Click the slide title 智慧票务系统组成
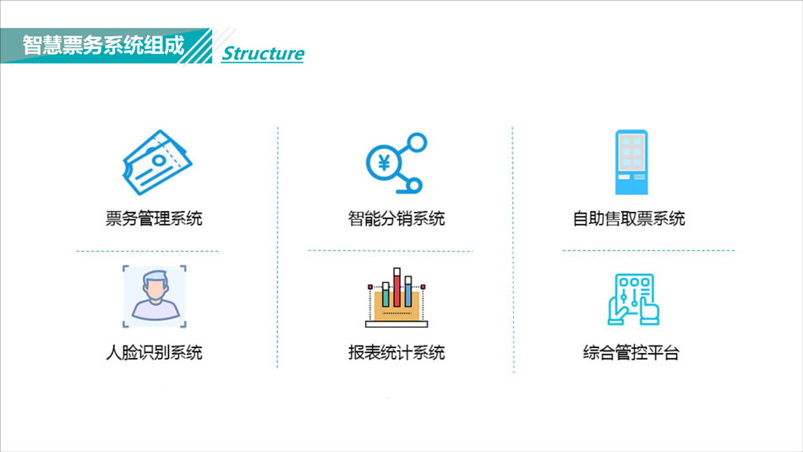(103, 45)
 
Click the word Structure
(263, 53)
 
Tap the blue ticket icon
(156, 162)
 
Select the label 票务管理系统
(154, 219)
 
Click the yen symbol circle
(384, 163)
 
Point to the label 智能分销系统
(396, 219)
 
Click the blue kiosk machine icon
(631, 162)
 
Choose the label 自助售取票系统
(629, 219)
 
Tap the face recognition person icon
(155, 297)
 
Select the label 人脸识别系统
(154, 352)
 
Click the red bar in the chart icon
(397, 287)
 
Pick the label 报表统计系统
(396, 352)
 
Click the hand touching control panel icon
(633, 299)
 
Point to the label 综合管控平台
(631, 352)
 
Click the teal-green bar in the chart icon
(385, 294)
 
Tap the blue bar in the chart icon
(408, 291)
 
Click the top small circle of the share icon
(417, 142)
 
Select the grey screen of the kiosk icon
(631, 152)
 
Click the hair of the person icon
(155, 280)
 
